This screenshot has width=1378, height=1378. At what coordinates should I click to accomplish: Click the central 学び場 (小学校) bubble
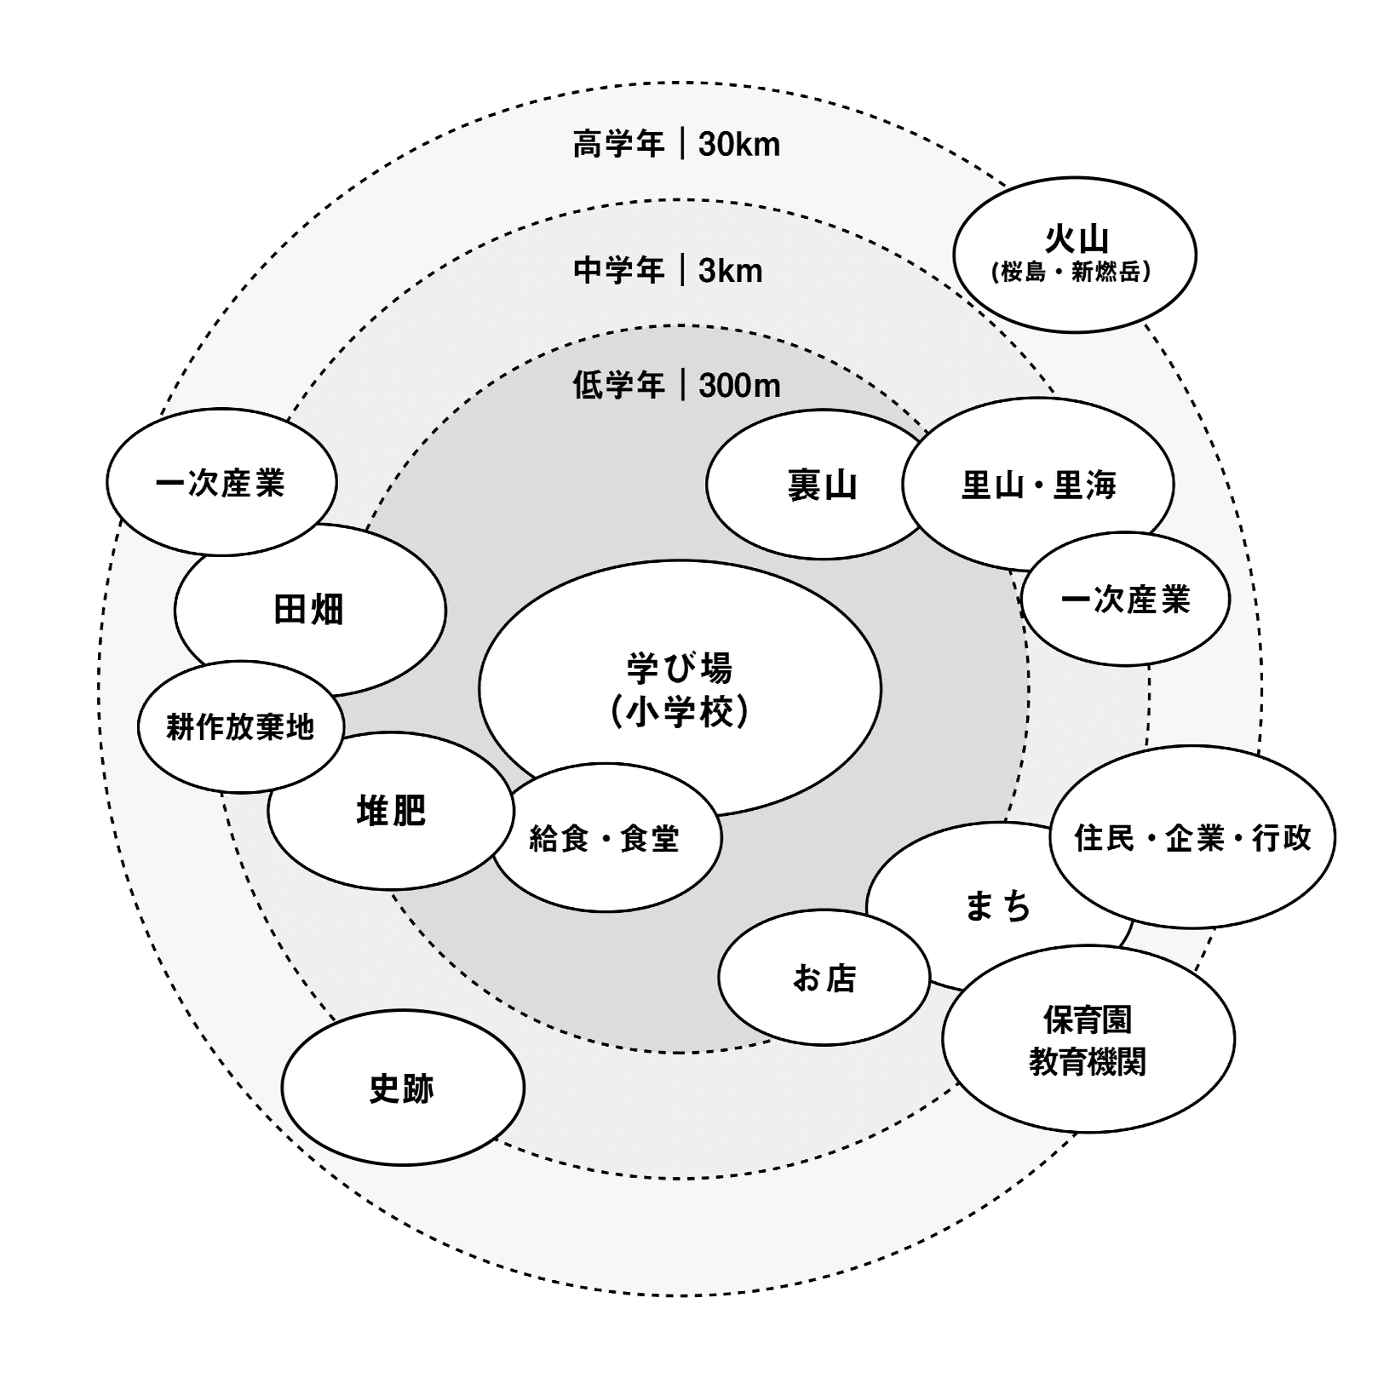point(680,688)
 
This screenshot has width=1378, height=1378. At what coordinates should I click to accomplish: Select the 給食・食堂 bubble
point(606,838)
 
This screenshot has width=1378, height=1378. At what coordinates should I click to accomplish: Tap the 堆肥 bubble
point(391,811)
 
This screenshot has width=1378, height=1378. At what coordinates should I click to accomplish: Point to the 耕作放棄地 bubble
point(241,726)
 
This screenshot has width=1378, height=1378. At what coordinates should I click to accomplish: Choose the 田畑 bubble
point(310,610)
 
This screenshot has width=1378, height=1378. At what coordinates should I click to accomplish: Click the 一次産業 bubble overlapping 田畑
point(221,482)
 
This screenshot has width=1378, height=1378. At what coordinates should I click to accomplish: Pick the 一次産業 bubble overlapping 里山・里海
point(1125,599)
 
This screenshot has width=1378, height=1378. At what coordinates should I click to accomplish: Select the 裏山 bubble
point(822,485)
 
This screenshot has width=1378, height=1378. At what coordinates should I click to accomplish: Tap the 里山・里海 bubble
point(1038,485)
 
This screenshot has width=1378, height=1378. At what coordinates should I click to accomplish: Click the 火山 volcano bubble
point(1075,255)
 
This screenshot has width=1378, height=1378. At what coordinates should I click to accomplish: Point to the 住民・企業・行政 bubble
point(1192,837)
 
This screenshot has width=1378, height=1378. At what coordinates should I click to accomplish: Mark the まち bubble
point(999,904)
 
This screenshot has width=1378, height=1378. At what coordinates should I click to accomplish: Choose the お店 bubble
point(824,977)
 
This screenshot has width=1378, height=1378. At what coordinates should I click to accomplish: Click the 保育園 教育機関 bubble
point(1088,1039)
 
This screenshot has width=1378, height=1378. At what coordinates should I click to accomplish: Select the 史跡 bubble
point(403,1088)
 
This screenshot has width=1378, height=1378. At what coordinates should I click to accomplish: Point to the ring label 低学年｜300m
point(676,386)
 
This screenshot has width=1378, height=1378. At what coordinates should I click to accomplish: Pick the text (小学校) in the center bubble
point(680,712)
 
